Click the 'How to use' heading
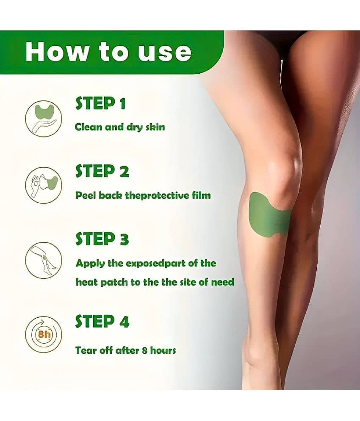108,52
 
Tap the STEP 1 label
100,103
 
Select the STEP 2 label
102,171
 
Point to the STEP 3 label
102,239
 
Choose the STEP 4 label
102,321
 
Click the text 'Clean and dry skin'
120,127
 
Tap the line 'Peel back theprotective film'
143,195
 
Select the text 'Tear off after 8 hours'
126,350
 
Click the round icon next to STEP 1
44,118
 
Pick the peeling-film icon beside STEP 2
44,185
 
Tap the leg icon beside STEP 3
44,260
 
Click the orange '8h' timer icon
44,334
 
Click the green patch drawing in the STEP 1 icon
44,112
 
